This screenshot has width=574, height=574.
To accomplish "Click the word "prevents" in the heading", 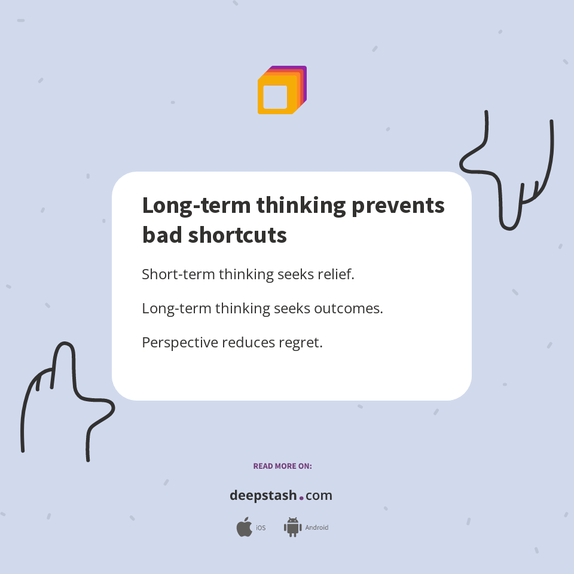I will coord(398,206).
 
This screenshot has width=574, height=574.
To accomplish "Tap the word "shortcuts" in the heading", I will coord(238,235).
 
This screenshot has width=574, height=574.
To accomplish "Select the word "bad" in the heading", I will coord(162,235).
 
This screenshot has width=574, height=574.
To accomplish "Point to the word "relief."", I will coord(333,274).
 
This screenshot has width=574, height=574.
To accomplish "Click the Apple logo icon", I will coord(244,527).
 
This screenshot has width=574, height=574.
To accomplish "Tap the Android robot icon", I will coord(292,527).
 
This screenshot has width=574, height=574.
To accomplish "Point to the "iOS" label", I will coord(261,528).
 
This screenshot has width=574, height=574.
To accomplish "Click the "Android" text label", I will coord(317,528).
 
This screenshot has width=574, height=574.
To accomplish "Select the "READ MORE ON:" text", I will coord(282,466).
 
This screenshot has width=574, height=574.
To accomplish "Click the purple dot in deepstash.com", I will coord(301,497).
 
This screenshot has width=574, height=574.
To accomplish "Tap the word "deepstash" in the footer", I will coord(263,496).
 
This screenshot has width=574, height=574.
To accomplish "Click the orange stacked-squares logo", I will coord(282,90).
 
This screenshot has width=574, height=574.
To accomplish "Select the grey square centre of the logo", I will coord(275,97).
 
